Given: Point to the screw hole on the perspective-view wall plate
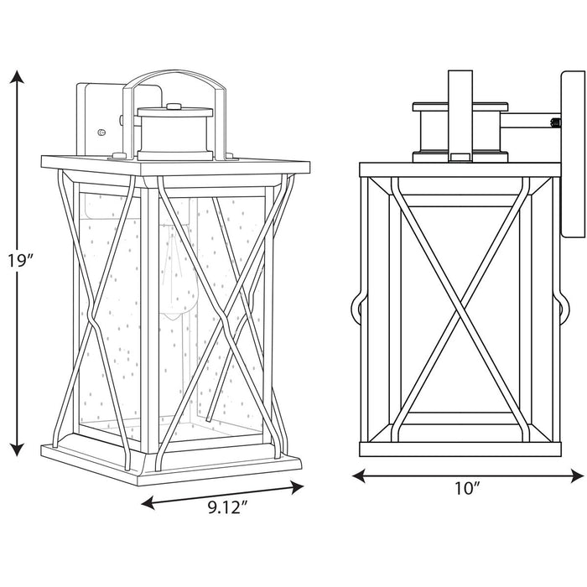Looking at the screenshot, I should click(101, 132).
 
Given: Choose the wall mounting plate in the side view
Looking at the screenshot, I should click(570, 159).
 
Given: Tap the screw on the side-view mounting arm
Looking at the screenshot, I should click(553, 124).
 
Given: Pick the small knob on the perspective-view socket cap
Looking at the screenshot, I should click(174, 106).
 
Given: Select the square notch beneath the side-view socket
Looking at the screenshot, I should click(459, 157).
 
